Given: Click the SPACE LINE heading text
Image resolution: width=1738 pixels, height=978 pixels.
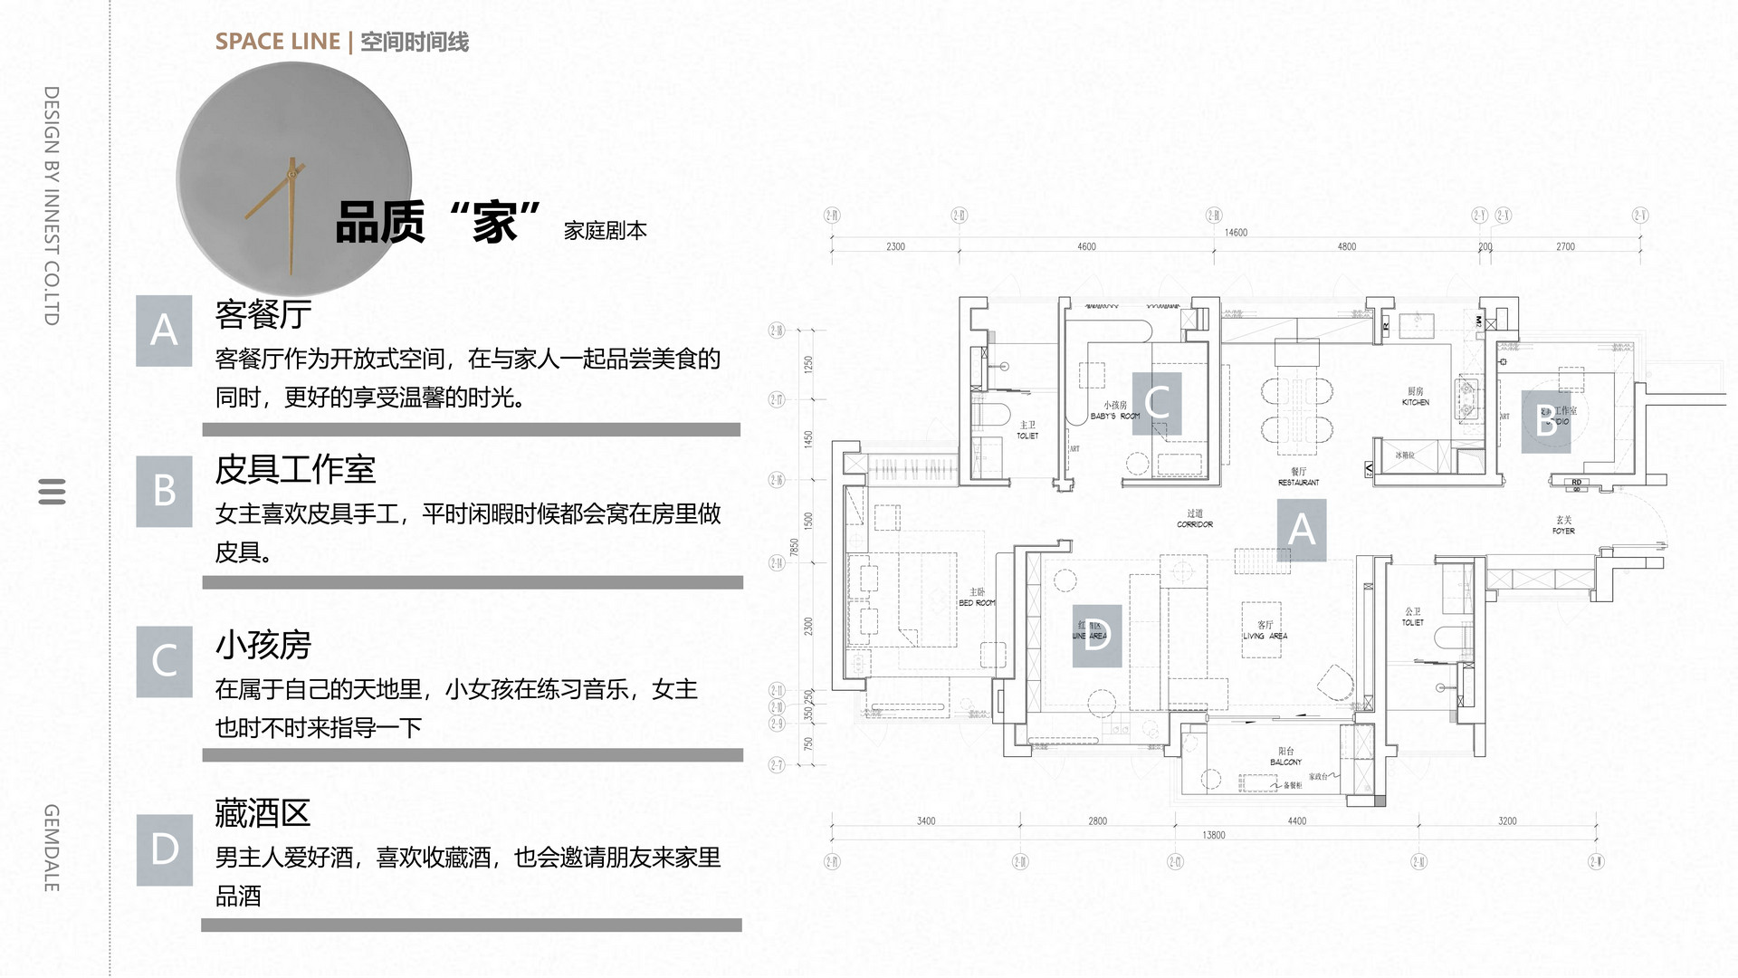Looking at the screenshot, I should tap(278, 42).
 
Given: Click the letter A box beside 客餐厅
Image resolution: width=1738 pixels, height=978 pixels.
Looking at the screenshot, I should tap(164, 331).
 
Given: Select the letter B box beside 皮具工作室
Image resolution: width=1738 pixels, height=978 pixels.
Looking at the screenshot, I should tap(164, 491).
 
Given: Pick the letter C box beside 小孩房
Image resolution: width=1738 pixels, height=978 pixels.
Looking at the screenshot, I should tap(164, 661).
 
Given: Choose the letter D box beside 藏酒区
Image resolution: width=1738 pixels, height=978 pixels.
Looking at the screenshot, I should tap(164, 849).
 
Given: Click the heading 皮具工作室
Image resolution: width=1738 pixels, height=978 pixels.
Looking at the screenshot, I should tap(295, 470).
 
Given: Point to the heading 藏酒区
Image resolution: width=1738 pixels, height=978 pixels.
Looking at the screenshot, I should tap(263, 813).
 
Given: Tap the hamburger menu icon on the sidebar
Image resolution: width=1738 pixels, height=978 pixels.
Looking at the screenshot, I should tap(53, 491).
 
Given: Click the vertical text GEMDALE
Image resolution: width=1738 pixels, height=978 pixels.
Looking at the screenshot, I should tap(52, 848).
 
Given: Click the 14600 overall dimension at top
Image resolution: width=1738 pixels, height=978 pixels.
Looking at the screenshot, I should tap(1236, 233).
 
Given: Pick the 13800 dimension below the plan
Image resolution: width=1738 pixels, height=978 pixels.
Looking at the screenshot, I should tap(1213, 835).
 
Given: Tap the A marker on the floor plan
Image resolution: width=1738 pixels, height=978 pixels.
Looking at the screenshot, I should tap(1301, 530).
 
